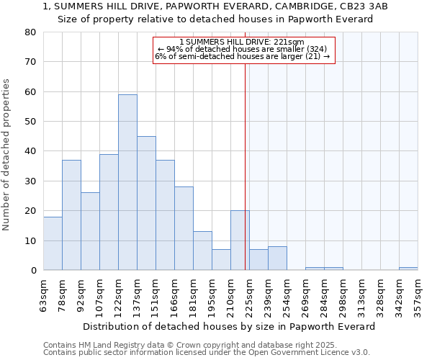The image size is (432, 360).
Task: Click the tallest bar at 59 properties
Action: [127, 182]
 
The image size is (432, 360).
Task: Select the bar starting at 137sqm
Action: [146, 203]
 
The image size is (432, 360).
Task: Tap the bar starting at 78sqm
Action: [71, 215]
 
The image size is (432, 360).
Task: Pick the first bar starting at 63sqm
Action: [53, 243]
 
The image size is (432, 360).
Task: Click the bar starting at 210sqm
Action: [240, 240]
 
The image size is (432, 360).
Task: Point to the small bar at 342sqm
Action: [408, 269]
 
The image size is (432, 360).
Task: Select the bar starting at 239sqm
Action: [277, 258]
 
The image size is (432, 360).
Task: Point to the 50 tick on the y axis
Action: [30, 122]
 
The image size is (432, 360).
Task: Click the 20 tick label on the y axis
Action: [30, 211]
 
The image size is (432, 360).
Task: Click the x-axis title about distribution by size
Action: [229, 326]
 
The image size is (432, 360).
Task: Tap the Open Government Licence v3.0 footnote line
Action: [207, 353]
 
